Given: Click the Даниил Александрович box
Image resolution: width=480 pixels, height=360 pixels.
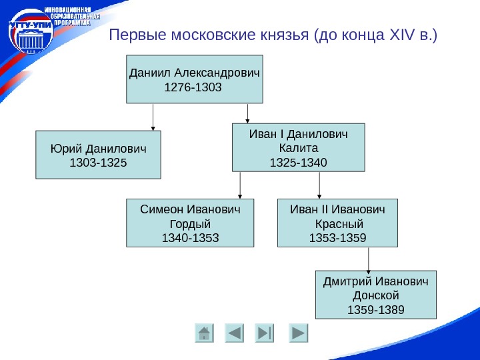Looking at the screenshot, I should tap(195, 79).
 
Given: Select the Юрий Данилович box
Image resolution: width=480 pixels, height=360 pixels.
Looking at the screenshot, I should tap(98, 155).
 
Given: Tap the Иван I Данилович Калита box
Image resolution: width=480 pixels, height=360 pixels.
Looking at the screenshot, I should tap(299, 147).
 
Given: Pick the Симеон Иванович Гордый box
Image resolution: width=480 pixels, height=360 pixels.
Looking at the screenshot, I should tap(190, 223).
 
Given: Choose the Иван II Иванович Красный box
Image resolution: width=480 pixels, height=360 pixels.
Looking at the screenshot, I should tap(337, 223).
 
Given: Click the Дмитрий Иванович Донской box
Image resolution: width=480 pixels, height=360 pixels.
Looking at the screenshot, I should tap(375, 294).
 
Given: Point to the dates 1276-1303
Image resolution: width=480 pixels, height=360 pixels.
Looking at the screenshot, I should tap(191, 87).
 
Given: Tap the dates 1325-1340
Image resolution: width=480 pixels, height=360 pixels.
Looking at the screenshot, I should tap(298, 162).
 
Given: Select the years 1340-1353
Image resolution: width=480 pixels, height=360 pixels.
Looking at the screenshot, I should tap(190, 237).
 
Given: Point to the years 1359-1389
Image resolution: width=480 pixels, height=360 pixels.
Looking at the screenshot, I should tap(375, 309).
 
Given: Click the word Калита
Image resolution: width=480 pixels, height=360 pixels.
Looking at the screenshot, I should tap(298, 148).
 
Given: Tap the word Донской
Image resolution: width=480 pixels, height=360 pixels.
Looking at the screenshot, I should tap(375, 295).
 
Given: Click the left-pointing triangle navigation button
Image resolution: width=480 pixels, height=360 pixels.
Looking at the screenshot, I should tap(235, 333).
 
